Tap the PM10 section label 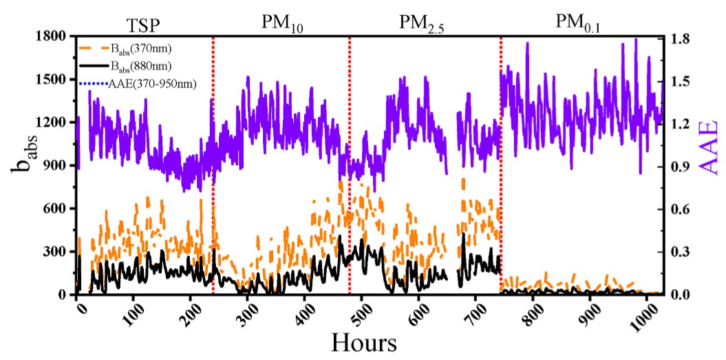coord(282,25)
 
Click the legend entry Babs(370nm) coord(140,48)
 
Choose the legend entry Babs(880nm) coord(140,66)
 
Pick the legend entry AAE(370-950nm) coord(152,84)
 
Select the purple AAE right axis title coord(709,166)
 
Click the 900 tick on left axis coord(54,166)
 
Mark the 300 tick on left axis coord(54,252)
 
